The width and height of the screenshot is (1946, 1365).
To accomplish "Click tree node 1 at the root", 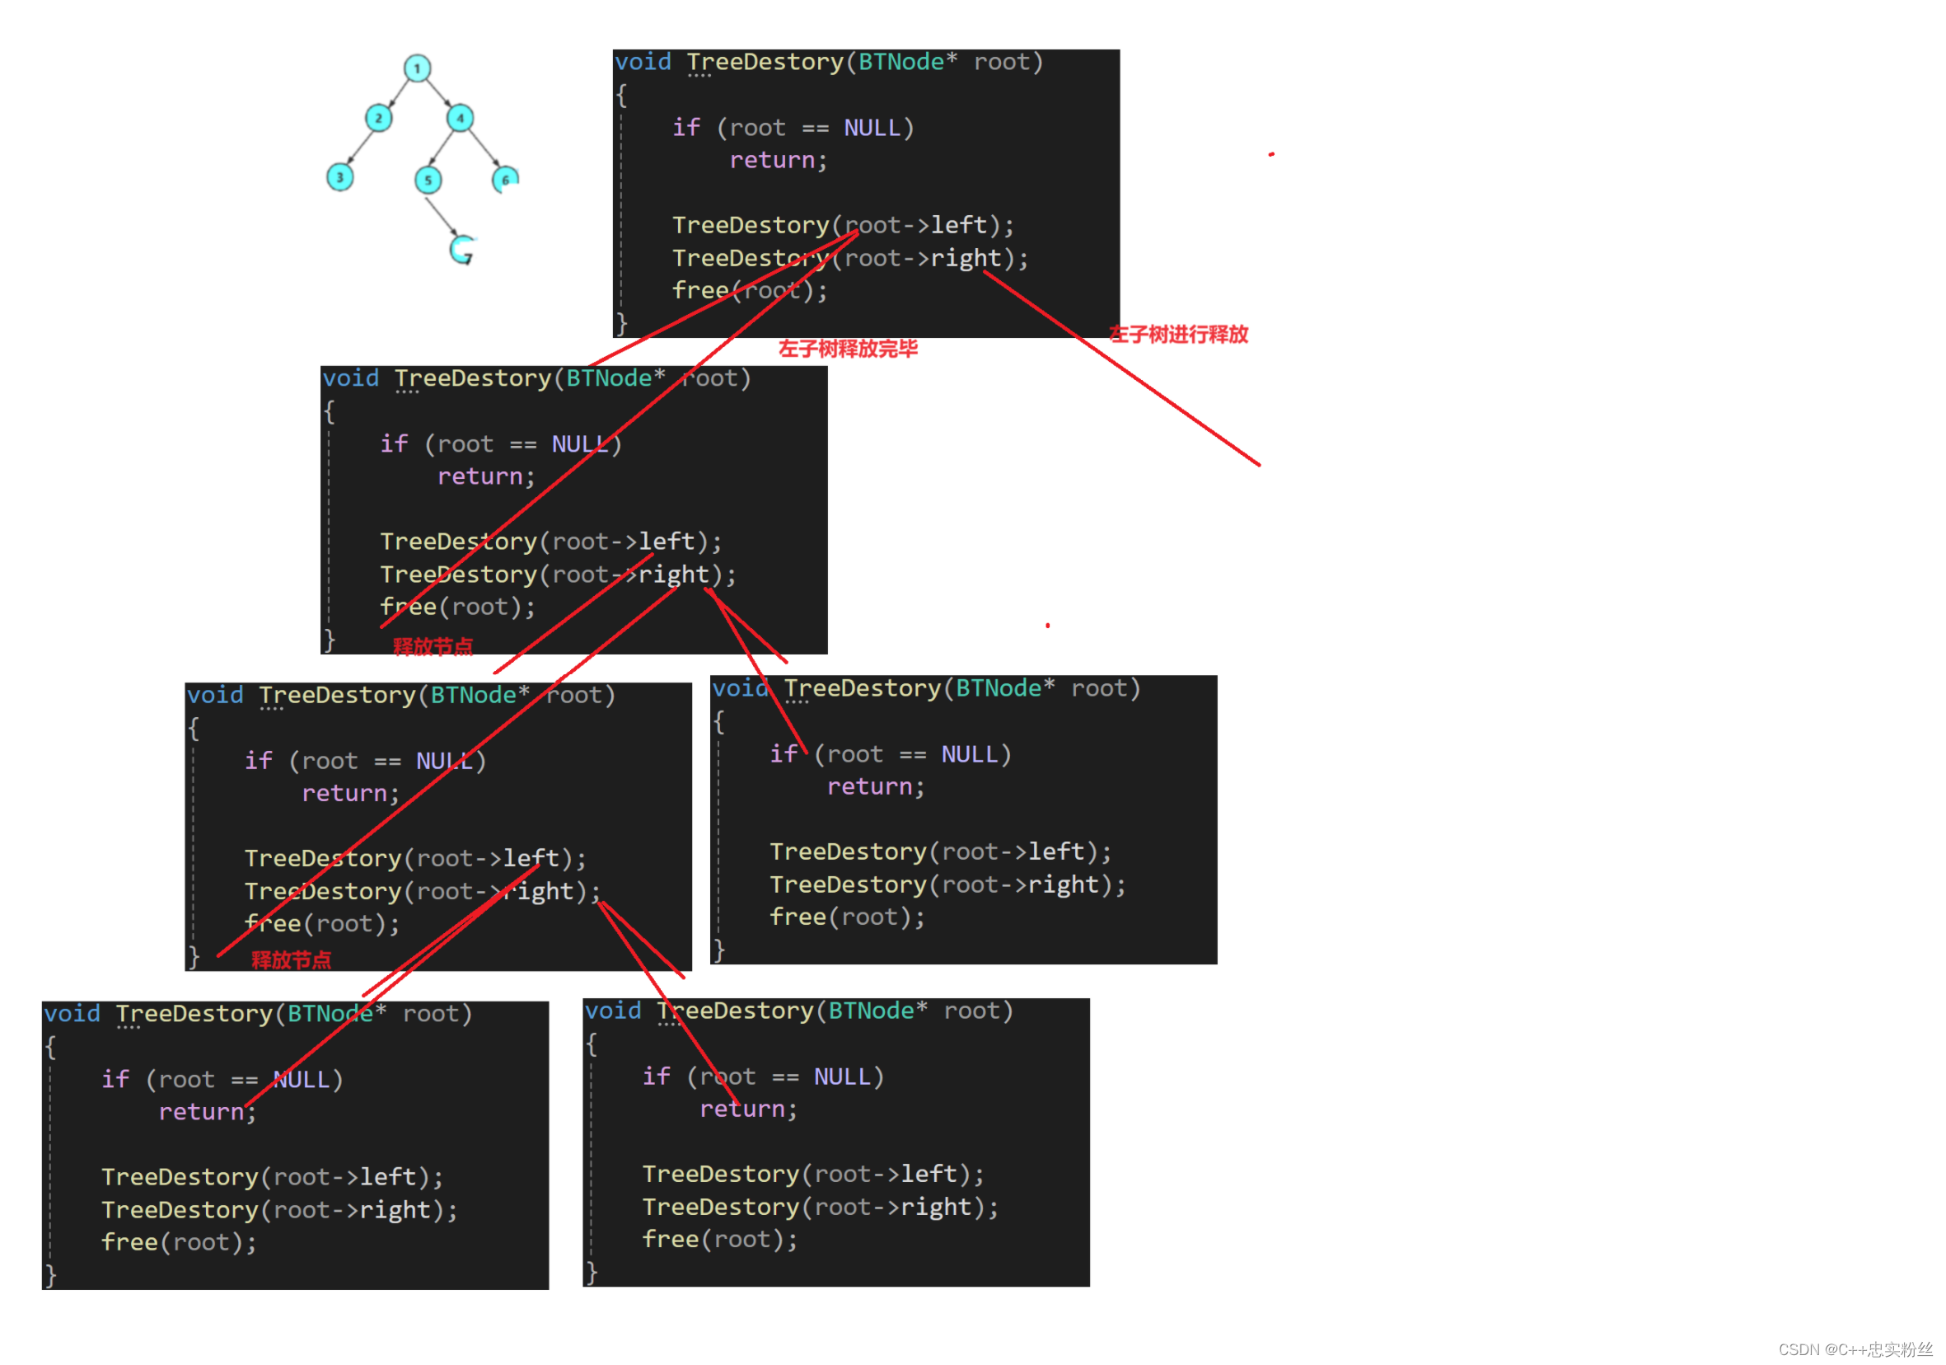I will (417, 68).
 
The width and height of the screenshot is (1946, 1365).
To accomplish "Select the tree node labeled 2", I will (378, 118).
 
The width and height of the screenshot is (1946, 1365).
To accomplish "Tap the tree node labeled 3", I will (340, 177).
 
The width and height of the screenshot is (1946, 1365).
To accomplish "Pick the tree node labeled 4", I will (461, 118).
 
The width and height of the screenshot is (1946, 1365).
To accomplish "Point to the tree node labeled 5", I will (428, 180).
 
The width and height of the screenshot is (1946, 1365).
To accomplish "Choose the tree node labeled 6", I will (505, 179).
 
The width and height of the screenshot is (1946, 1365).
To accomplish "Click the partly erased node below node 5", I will (462, 249).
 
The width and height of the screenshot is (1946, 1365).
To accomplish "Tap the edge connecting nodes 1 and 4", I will (438, 91).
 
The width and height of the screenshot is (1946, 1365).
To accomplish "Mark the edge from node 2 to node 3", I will (359, 147).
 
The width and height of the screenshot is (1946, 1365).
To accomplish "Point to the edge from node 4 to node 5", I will (444, 148).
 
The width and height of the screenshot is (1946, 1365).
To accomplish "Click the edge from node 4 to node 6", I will (483, 148).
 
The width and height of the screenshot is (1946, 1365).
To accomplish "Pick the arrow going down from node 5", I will (442, 215).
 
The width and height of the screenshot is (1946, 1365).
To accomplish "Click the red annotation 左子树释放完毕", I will (848, 349).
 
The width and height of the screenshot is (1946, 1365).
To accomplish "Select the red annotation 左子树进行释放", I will (1178, 335).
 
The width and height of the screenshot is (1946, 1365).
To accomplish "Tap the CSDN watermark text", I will (1855, 1349).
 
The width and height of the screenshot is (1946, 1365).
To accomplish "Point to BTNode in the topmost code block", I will (900, 62).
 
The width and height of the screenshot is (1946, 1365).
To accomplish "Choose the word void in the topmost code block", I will (643, 62).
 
